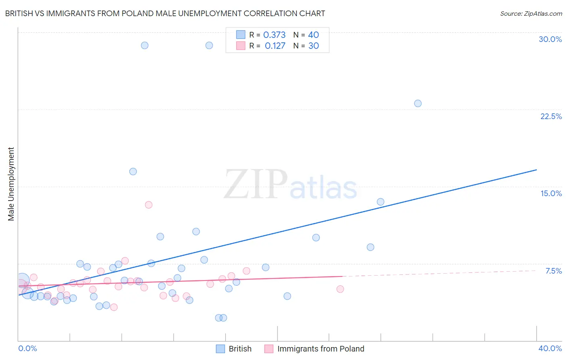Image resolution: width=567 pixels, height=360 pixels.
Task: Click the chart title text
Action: point(165,13)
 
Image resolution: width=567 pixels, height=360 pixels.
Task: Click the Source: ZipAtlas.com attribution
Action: point(531,13)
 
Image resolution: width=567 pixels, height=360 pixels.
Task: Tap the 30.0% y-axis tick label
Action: point(550,39)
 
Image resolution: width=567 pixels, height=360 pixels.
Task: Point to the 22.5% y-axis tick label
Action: point(551,116)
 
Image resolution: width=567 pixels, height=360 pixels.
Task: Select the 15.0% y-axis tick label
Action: point(551,193)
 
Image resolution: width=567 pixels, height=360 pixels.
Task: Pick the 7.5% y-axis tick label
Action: point(553,271)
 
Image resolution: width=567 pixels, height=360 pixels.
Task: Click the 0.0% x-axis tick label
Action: point(27,348)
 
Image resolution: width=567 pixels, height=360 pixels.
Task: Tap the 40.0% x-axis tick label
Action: point(550,348)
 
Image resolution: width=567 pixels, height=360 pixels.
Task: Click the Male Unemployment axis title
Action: point(11,184)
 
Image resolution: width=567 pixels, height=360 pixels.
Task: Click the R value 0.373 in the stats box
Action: point(274,35)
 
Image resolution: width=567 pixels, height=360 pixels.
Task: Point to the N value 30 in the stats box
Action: point(313,46)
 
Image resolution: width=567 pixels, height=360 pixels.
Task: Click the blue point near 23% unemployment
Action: point(418,103)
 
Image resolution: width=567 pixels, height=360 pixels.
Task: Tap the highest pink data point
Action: point(148,205)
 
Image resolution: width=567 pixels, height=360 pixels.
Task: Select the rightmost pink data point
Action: point(340,289)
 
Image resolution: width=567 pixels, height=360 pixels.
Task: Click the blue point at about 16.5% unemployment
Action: point(133,172)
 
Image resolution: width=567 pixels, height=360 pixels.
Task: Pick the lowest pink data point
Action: point(114,307)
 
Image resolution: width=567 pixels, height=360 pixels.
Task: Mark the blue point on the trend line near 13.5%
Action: point(380,202)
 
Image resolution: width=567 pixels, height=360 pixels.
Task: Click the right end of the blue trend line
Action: point(536,170)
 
